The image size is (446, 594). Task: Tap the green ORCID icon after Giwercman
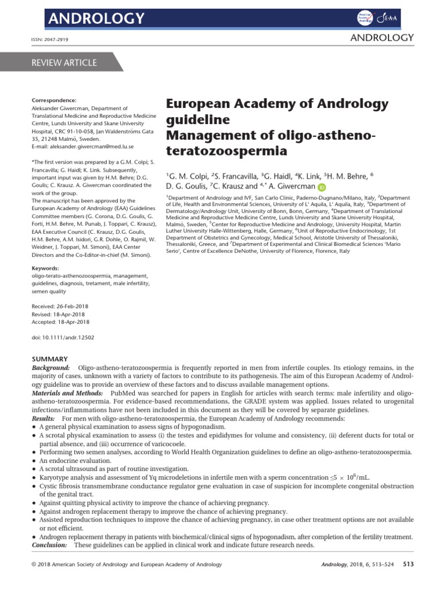322,187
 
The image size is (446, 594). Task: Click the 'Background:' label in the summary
51,368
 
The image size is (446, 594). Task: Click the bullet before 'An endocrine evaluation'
34,460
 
